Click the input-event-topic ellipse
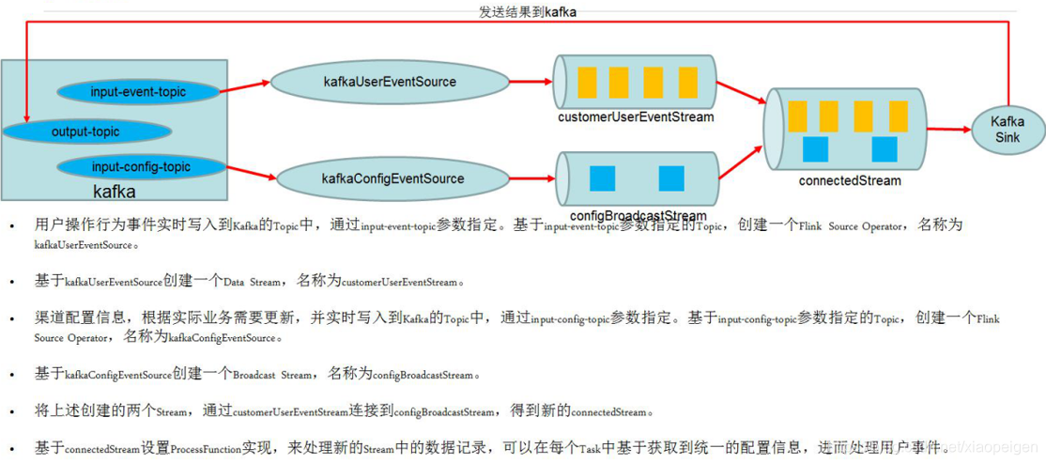(139, 92)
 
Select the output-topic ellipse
(86, 131)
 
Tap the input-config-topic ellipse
(141, 167)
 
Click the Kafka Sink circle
(1008, 130)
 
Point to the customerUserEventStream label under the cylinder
(636, 117)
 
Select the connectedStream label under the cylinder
(849, 180)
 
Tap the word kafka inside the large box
(114, 192)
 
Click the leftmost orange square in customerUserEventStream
(588, 83)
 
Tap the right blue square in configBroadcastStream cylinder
(671, 178)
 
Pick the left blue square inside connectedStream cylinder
(815, 149)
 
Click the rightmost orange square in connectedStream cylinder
(897, 116)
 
